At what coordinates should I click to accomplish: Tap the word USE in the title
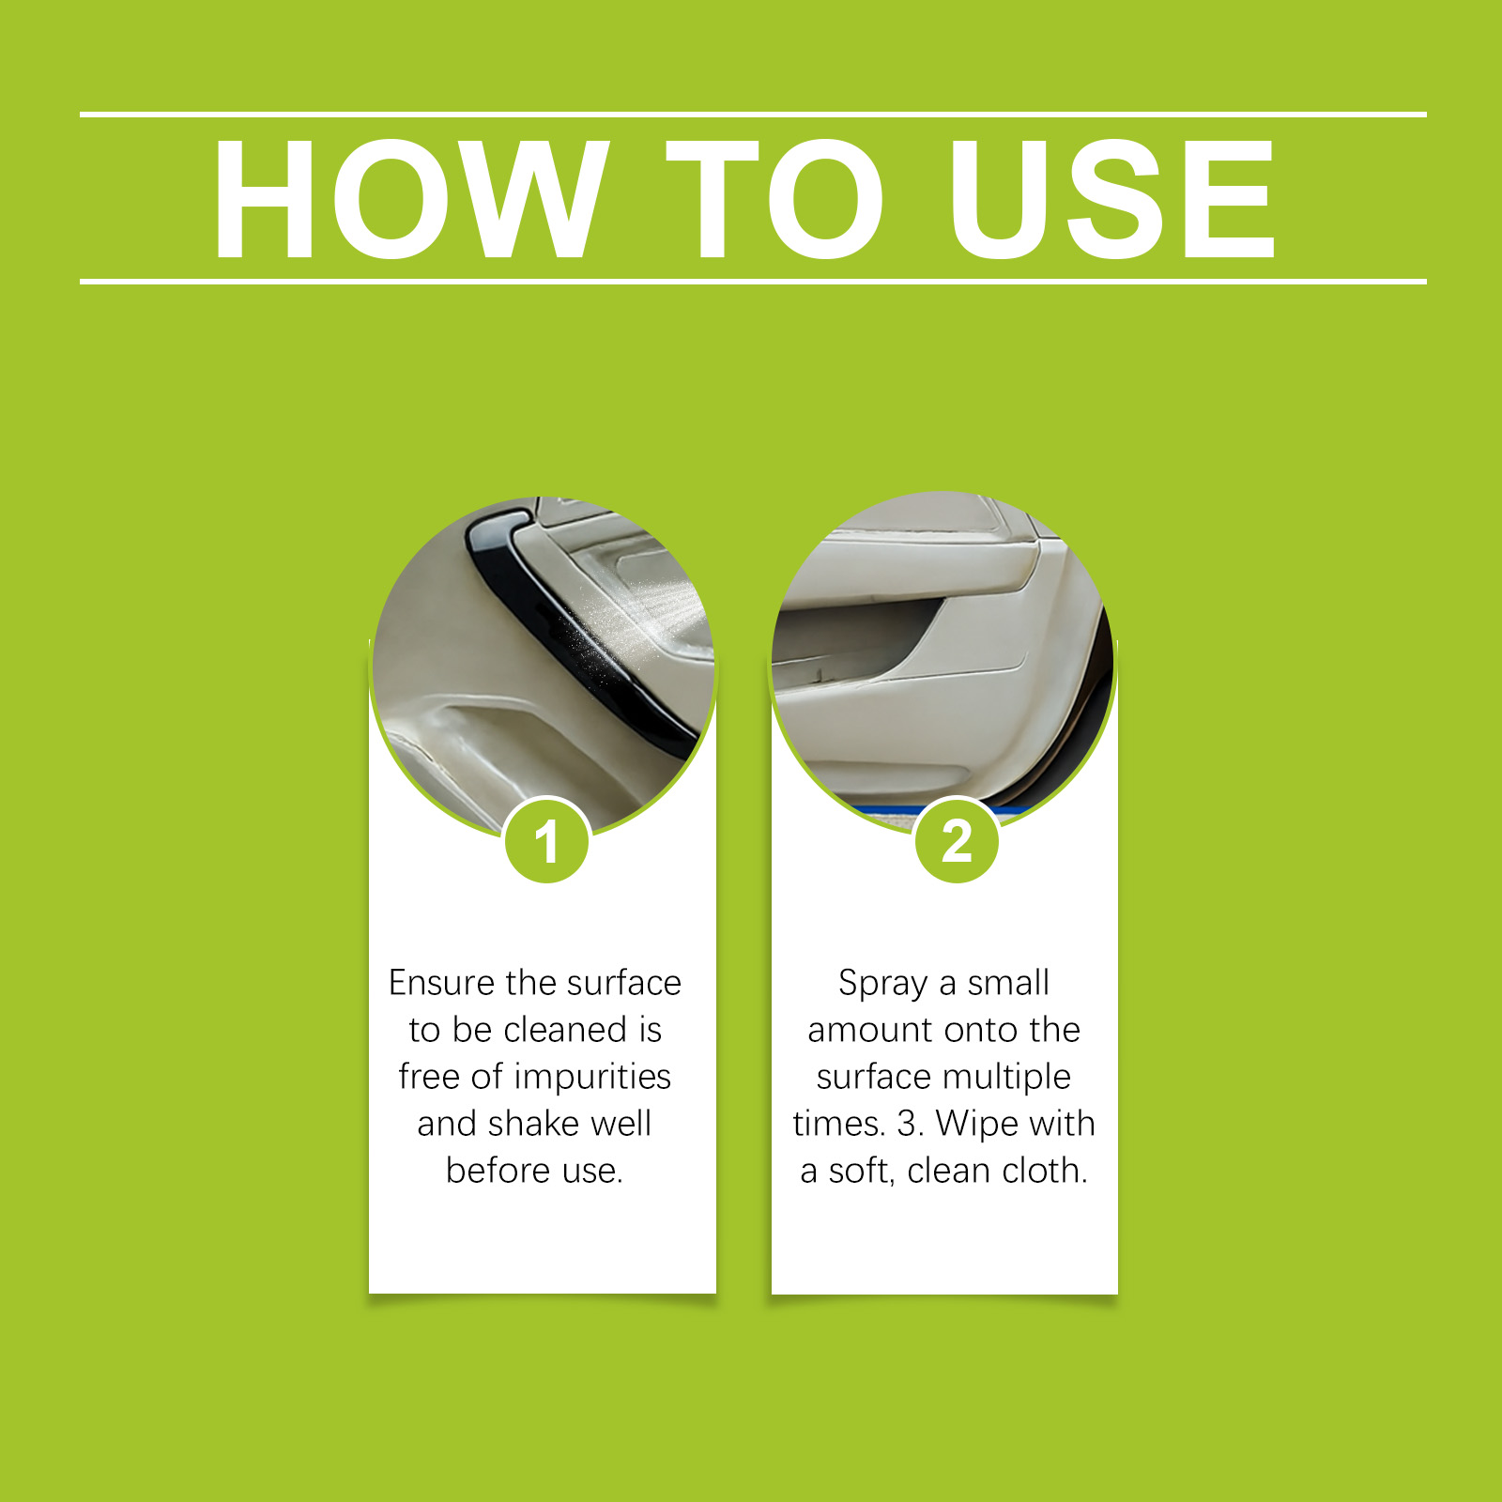[x=1111, y=198]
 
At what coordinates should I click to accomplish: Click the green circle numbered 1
[x=546, y=840]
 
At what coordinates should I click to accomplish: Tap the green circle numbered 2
[x=957, y=840]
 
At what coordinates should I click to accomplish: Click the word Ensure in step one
[x=441, y=983]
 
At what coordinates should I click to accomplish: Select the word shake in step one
[x=531, y=1124]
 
